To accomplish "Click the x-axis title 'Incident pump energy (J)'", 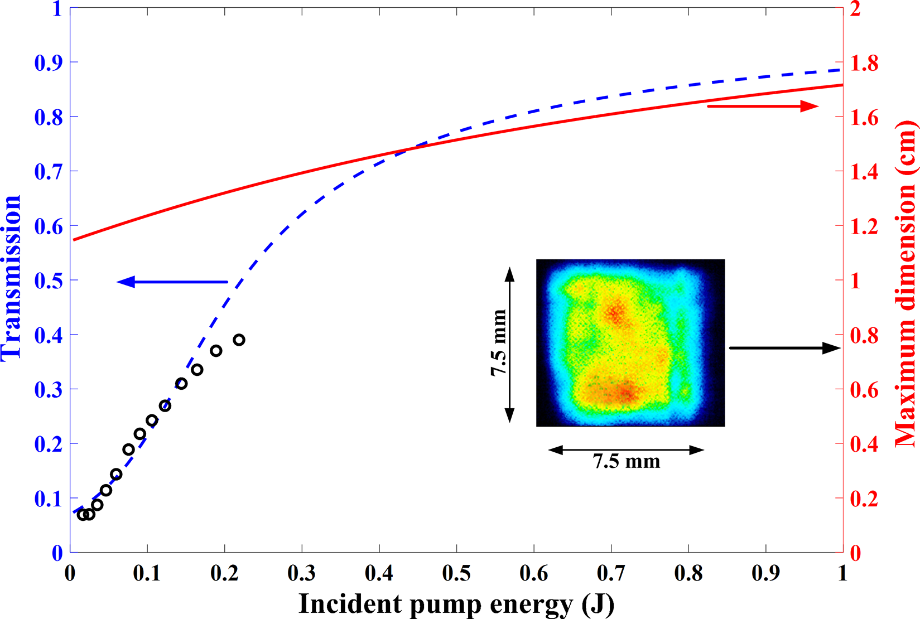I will point(456,604).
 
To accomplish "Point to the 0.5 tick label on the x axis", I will point(456,573).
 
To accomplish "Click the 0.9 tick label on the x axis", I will point(765,573).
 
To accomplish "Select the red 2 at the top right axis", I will point(855,9).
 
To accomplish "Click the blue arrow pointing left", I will point(172,282).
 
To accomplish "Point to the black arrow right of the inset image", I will point(784,348).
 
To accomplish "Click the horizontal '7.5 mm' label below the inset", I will point(626,462).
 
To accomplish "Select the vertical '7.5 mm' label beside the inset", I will point(498,342).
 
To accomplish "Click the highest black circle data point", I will point(239,340).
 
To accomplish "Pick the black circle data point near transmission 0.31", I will point(181,384).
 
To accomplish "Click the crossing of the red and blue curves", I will point(413,149).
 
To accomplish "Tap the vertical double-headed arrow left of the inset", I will point(509,344).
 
